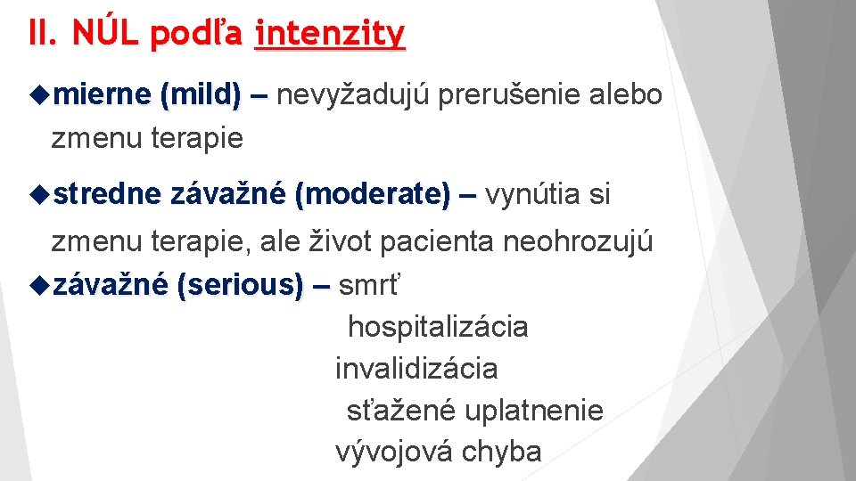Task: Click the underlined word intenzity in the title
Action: coord(329,34)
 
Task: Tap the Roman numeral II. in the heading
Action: coord(42,34)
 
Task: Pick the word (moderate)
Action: coord(372,194)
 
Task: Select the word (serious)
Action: coord(240,285)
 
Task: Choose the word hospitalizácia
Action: coord(438,327)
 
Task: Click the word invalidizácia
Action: coord(416,369)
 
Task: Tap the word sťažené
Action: coord(401,411)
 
